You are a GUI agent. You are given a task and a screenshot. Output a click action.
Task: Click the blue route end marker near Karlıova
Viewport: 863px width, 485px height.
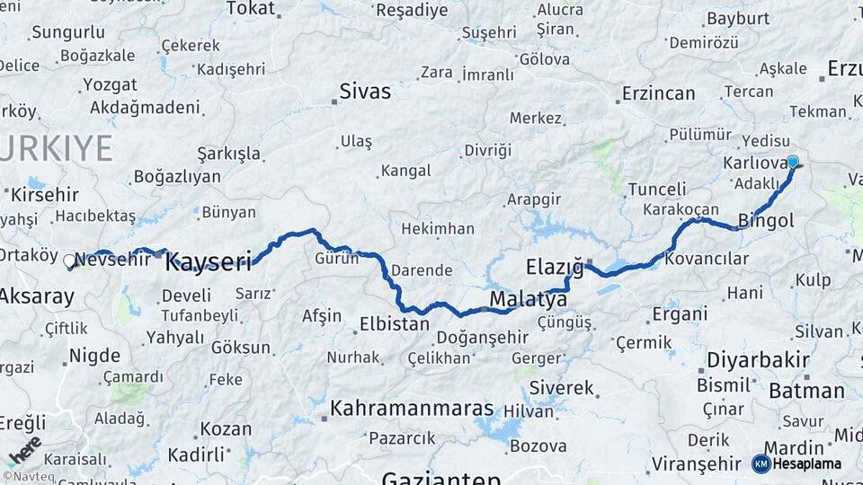pos(793,162)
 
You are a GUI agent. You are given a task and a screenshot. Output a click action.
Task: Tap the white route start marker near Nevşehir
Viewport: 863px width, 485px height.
pos(69,261)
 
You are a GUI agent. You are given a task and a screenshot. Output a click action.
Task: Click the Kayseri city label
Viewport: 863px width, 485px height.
pos(208,262)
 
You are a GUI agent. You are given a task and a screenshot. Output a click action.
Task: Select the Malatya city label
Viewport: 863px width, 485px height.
pos(529,299)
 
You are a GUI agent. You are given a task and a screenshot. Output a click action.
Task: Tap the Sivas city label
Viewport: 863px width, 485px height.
pos(365,91)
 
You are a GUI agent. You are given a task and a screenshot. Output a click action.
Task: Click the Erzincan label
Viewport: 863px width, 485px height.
pos(659,93)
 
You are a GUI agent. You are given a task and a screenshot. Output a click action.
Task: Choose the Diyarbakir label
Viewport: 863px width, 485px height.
pos(758,360)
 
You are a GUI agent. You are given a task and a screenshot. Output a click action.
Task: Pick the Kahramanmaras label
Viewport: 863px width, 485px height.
pos(413,409)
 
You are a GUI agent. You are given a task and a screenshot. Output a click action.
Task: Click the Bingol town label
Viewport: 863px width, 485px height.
pos(766,220)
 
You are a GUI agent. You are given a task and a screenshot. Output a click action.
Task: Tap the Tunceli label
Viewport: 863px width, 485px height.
pos(656,189)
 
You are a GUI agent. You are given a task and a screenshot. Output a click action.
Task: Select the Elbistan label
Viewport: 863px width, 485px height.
pos(394,323)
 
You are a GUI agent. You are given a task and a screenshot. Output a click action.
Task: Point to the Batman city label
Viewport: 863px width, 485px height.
pos(806,391)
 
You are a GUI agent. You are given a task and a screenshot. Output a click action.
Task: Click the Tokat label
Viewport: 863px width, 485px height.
pos(250,9)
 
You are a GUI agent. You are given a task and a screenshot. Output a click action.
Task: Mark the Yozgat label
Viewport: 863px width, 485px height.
pos(110,85)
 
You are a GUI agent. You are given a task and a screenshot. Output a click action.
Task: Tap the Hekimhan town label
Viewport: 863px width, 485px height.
pos(437,229)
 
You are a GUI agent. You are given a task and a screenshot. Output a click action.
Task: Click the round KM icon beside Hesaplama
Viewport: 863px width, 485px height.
pos(761,463)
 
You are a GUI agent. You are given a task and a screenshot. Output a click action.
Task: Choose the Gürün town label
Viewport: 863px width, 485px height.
pos(336,259)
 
